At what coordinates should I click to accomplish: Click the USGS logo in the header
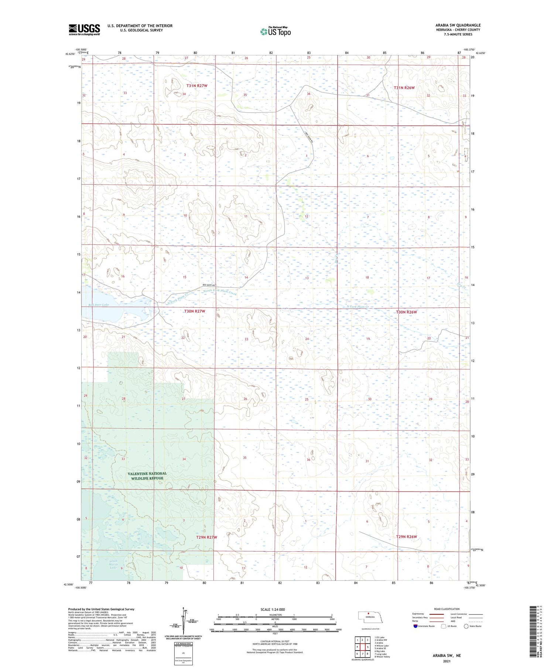tap(84, 30)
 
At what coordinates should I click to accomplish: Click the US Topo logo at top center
tap(275, 32)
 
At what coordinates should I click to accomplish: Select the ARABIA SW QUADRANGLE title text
tap(458, 25)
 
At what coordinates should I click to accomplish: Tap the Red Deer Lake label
tap(99, 305)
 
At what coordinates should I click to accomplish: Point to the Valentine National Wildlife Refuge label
tap(147, 476)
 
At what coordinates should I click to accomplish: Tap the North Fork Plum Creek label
tap(220, 292)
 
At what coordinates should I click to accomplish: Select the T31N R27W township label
tap(197, 86)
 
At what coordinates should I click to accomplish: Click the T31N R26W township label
tap(404, 88)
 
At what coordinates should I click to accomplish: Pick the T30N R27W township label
tap(194, 311)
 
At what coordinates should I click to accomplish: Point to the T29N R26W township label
tap(406, 537)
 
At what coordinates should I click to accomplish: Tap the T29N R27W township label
tap(206, 537)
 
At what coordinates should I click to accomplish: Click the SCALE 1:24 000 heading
tap(273, 610)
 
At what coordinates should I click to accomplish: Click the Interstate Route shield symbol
tap(415, 626)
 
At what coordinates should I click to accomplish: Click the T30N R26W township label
tap(406, 312)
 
